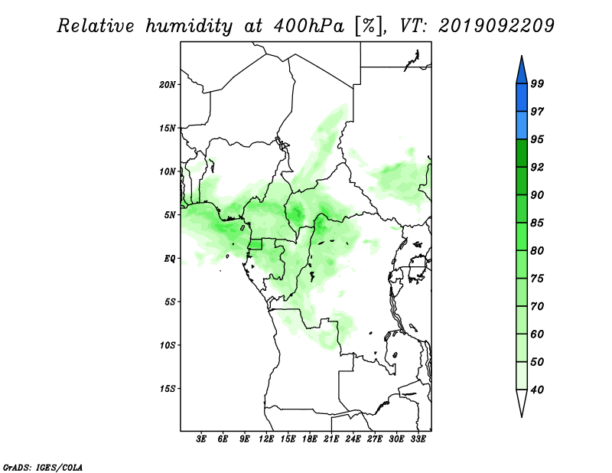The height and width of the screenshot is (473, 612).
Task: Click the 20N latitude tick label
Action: click(168, 84)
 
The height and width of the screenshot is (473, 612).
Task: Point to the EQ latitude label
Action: click(170, 258)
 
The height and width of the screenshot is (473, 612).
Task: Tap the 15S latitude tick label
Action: click(168, 389)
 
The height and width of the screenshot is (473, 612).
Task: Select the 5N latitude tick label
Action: click(170, 215)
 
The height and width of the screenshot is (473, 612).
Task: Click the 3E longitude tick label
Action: click(201, 439)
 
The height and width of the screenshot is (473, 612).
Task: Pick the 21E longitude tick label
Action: click(331, 439)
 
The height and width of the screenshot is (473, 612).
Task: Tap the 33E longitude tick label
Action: click(418, 439)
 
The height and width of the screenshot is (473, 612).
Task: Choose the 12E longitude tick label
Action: click(266, 439)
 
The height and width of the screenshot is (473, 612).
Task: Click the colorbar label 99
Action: click(537, 83)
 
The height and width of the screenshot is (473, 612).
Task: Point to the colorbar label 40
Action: click(537, 390)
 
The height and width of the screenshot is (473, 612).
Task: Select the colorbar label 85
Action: click(537, 223)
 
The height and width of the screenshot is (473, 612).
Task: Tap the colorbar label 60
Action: click(537, 334)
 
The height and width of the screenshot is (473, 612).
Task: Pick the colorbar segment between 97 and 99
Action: click(522, 98)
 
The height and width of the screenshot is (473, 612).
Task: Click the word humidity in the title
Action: click(189, 26)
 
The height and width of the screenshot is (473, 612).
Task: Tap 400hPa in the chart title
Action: click(309, 26)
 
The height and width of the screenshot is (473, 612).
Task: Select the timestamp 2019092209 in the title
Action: click(496, 26)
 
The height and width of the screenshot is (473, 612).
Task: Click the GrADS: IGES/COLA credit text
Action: click(43, 467)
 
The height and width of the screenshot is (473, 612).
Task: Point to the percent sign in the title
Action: click(369, 26)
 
